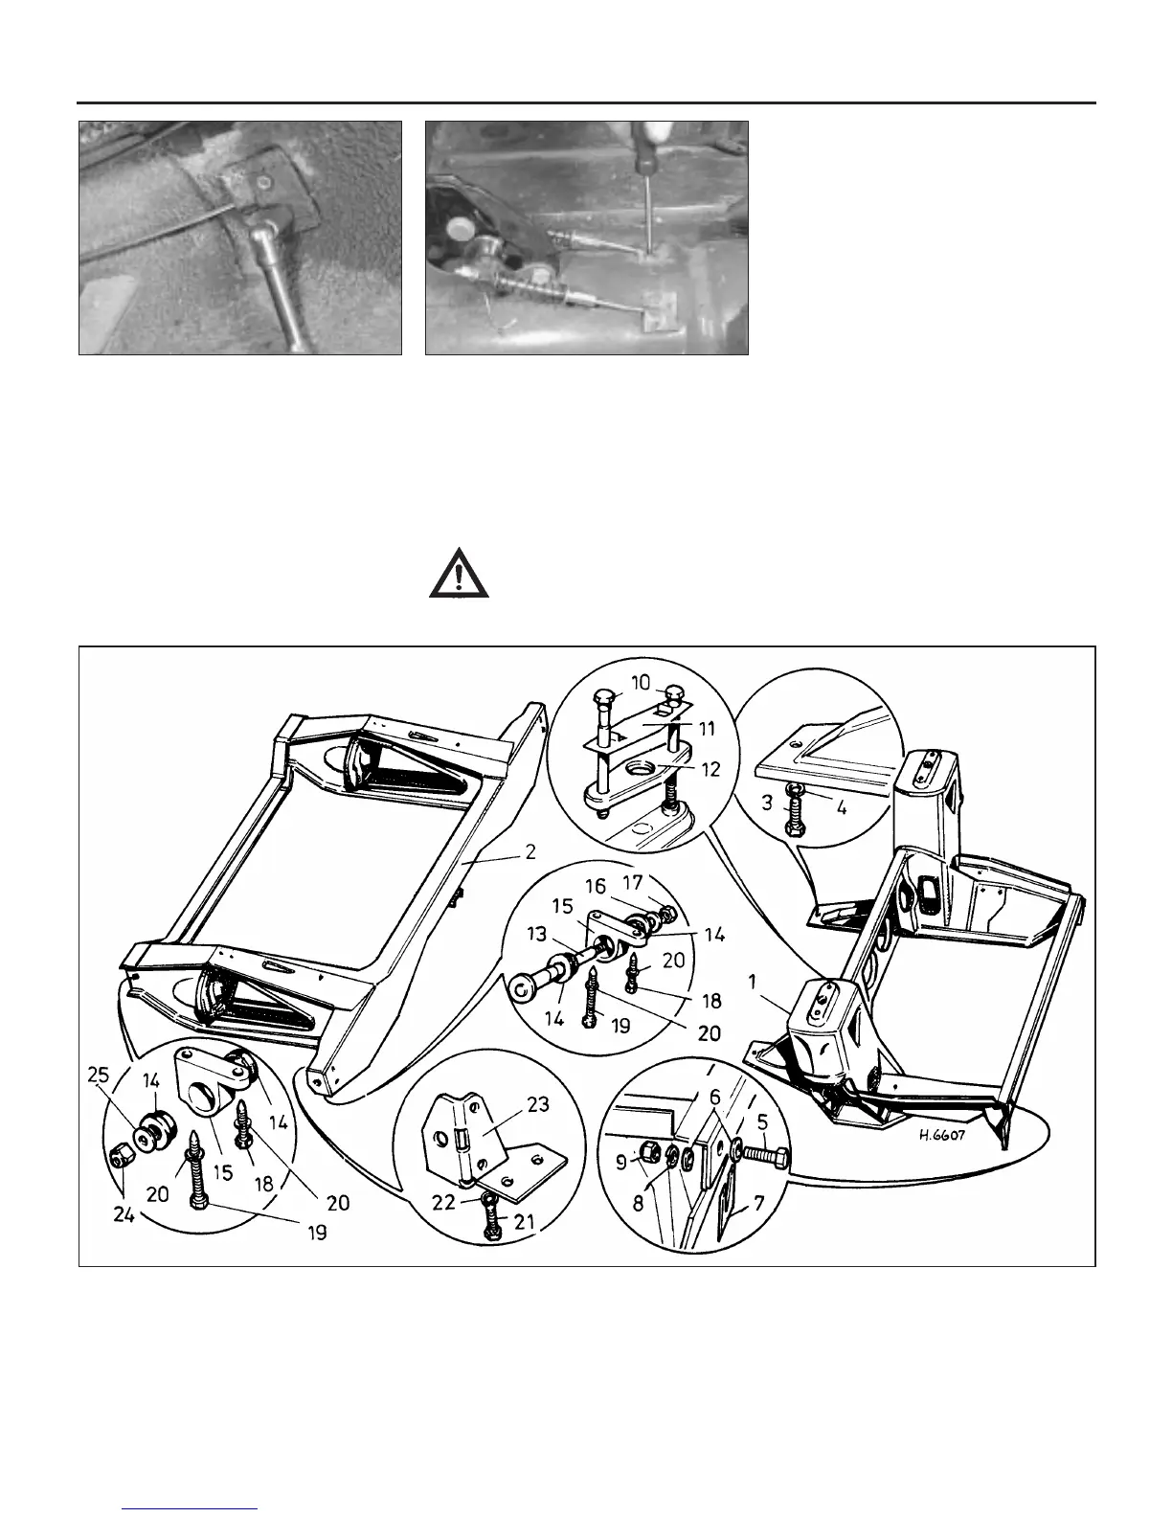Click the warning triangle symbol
click(x=458, y=575)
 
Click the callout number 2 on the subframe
click(x=530, y=826)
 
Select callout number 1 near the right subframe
click(x=753, y=983)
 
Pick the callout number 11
click(x=707, y=729)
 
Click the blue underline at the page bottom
click(x=191, y=1508)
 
